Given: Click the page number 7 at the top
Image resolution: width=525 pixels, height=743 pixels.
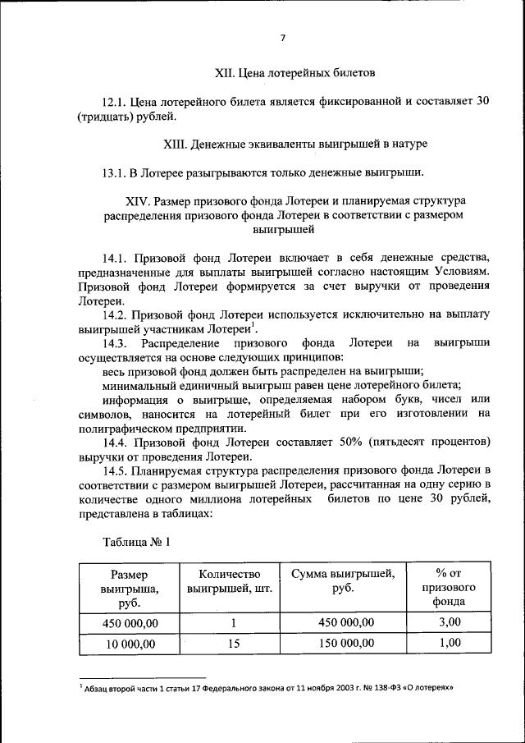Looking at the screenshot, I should (x=281, y=39).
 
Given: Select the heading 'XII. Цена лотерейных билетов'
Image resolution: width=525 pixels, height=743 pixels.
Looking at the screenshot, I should (x=294, y=73).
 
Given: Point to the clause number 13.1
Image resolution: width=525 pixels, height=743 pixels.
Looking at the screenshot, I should (x=114, y=172).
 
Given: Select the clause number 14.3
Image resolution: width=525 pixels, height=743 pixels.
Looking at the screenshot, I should (x=115, y=342).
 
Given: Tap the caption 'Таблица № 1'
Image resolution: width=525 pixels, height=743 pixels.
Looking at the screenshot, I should (x=136, y=542).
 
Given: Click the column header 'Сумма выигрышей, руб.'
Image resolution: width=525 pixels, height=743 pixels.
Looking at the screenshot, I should (x=342, y=581).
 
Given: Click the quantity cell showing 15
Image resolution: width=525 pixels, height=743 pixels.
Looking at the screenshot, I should (x=233, y=644).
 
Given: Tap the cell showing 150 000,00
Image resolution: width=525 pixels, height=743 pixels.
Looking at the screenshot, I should (x=342, y=643).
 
